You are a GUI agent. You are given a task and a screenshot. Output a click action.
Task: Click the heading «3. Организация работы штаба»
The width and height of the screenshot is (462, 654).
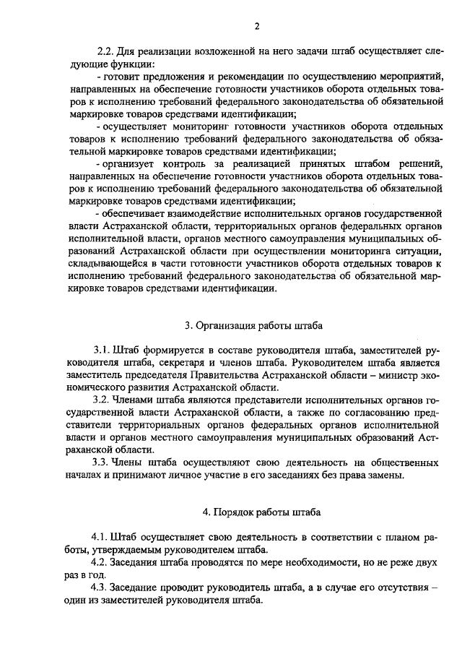point(253,324)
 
